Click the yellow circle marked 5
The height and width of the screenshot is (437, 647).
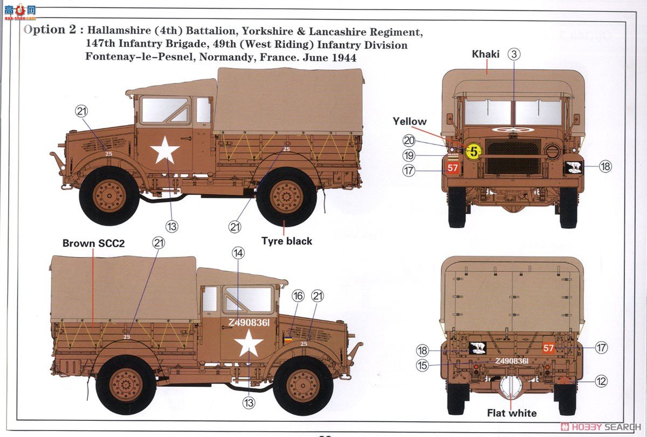point(473,151)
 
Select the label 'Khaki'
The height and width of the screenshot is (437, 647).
point(486,54)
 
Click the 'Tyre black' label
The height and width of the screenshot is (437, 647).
point(287,241)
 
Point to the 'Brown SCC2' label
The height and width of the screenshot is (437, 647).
point(93,243)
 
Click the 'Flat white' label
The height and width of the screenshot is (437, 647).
point(512,413)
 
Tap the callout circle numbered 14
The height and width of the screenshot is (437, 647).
point(239,252)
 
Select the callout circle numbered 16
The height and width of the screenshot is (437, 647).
point(298,296)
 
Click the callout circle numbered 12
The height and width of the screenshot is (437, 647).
point(601,381)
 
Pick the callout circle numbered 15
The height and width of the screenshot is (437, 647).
point(422,365)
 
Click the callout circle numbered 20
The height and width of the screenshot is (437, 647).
point(409,141)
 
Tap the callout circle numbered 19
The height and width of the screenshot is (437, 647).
point(409,156)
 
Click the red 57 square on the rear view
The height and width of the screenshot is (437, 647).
point(548,348)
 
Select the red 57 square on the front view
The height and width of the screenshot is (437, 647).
point(453,168)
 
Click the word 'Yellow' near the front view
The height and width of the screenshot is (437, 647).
point(409,122)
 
